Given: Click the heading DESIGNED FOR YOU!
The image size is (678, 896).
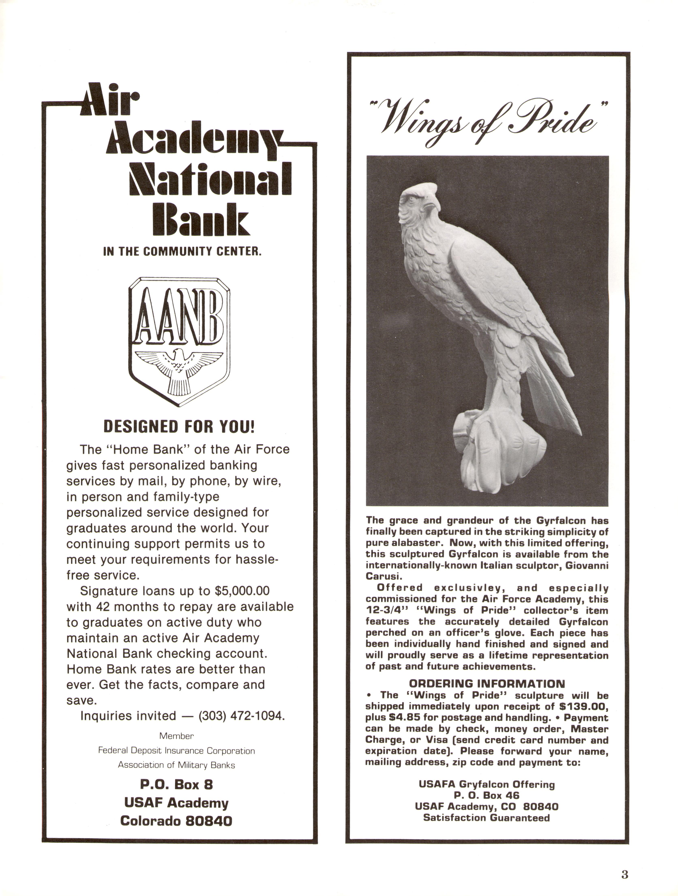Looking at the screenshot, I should click(x=179, y=427).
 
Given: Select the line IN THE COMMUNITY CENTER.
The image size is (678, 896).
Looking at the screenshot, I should click(x=182, y=251).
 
